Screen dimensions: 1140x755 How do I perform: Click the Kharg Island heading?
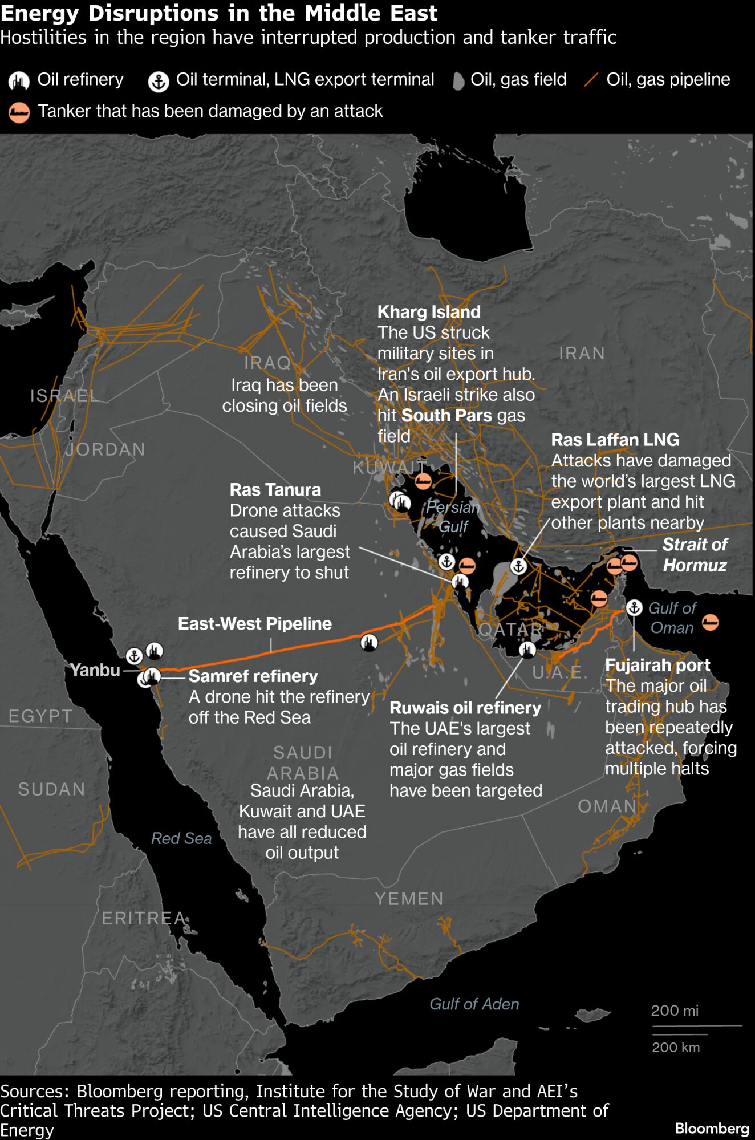pyautogui.click(x=429, y=312)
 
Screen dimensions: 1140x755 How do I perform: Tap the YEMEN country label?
pyautogui.click(x=409, y=899)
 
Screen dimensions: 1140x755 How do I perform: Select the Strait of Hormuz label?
pyautogui.click(x=695, y=555)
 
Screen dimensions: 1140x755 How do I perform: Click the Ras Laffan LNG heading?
pyautogui.click(x=615, y=440)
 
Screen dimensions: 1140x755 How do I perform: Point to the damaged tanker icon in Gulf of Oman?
pyautogui.click(x=710, y=622)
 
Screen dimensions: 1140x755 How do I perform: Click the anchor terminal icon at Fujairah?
pyautogui.click(x=634, y=607)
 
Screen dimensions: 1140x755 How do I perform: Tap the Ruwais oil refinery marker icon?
pyautogui.click(x=527, y=649)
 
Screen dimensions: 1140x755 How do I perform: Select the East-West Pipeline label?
pyautogui.click(x=254, y=623)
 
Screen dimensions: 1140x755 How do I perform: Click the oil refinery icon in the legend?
pyautogui.click(x=19, y=81)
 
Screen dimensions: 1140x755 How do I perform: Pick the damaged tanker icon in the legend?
pyautogui.click(x=19, y=112)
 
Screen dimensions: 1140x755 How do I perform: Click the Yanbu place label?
pyautogui.click(x=95, y=670)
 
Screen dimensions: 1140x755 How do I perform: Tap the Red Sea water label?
pyautogui.click(x=181, y=838)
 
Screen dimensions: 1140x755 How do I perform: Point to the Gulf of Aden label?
pyautogui.click(x=474, y=1004)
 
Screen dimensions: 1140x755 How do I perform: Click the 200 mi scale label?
pyautogui.click(x=674, y=1011)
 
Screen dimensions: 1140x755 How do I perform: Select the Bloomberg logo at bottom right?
pyautogui.click(x=712, y=1128)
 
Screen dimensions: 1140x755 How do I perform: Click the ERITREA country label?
pyautogui.click(x=144, y=918)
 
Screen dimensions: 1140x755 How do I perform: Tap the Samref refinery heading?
pyautogui.click(x=253, y=676)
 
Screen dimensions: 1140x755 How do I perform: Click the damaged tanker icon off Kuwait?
pyautogui.click(x=423, y=481)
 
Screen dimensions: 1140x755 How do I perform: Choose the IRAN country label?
pyautogui.click(x=582, y=353)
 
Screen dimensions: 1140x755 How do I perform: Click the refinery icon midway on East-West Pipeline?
pyautogui.click(x=370, y=643)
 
